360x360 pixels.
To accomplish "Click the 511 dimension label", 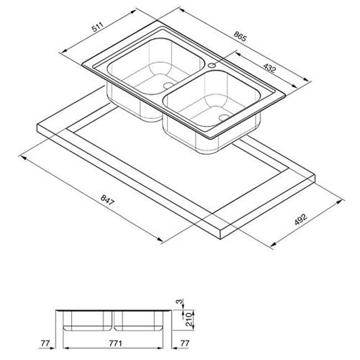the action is point(97,27).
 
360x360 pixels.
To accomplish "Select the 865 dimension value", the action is point(240,37).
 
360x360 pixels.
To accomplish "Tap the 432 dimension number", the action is point(270,68).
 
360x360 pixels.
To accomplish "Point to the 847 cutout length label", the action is point(107,200).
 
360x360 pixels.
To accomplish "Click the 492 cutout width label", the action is point(301,220).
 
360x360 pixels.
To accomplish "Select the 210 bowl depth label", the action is point(189,319).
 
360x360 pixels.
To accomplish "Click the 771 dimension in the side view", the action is point(115,343).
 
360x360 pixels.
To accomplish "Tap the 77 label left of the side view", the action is point(45,343).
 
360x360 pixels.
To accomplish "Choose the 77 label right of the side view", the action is point(184,343).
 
